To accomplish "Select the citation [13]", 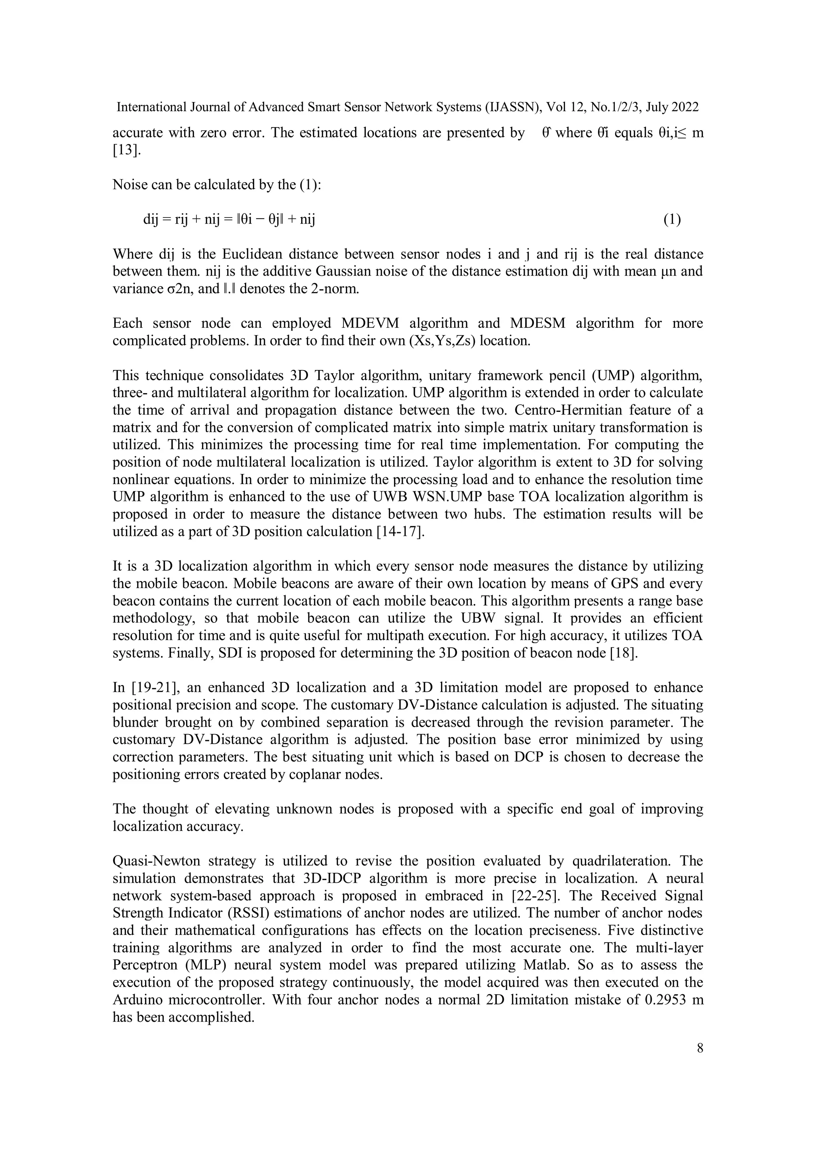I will pos(127,150).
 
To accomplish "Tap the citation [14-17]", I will pos(400,532).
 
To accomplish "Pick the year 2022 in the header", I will pos(685,107).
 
